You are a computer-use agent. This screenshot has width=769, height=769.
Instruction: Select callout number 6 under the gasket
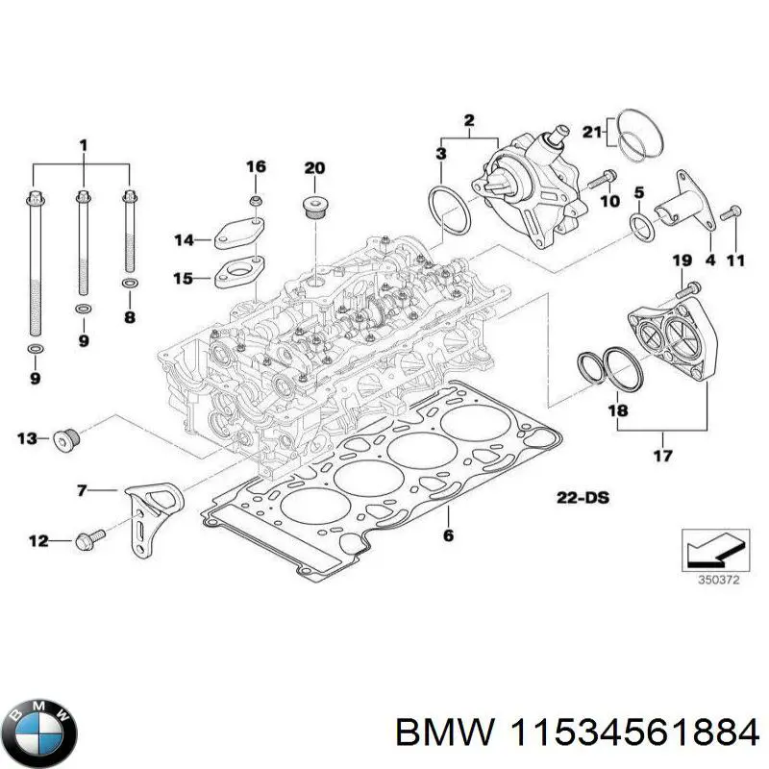pos(448,535)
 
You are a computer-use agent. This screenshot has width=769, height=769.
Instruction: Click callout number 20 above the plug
pos(315,168)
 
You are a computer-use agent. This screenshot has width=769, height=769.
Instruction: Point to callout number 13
pos(27,438)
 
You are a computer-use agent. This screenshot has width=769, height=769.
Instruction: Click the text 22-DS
pos(583,498)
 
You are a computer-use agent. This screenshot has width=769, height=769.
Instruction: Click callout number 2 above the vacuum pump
pos(469,120)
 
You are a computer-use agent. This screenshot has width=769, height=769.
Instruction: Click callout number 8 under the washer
pos(130,316)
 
